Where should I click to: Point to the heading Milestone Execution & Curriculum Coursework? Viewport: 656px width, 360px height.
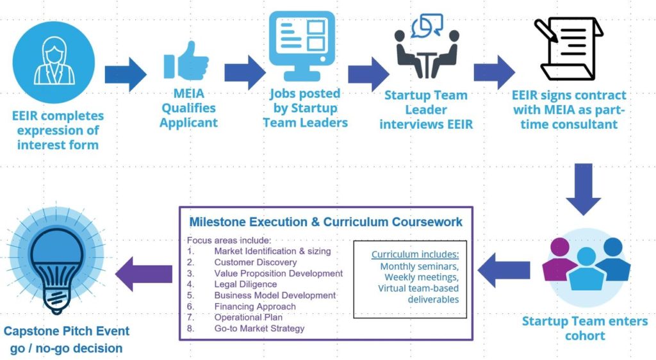tap(325, 222)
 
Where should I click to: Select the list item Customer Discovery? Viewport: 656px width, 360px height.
tap(256, 262)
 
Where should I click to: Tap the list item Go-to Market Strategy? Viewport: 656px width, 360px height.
tap(259, 328)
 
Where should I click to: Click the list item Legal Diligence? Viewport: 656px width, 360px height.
tap(245, 284)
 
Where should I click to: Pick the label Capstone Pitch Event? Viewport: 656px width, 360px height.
tap(67, 331)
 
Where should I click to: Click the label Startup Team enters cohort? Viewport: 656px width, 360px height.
tap(584, 328)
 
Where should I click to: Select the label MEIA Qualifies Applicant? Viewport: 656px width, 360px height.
tap(188, 108)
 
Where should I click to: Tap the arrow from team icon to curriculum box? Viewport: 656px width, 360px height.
tap(504, 270)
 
